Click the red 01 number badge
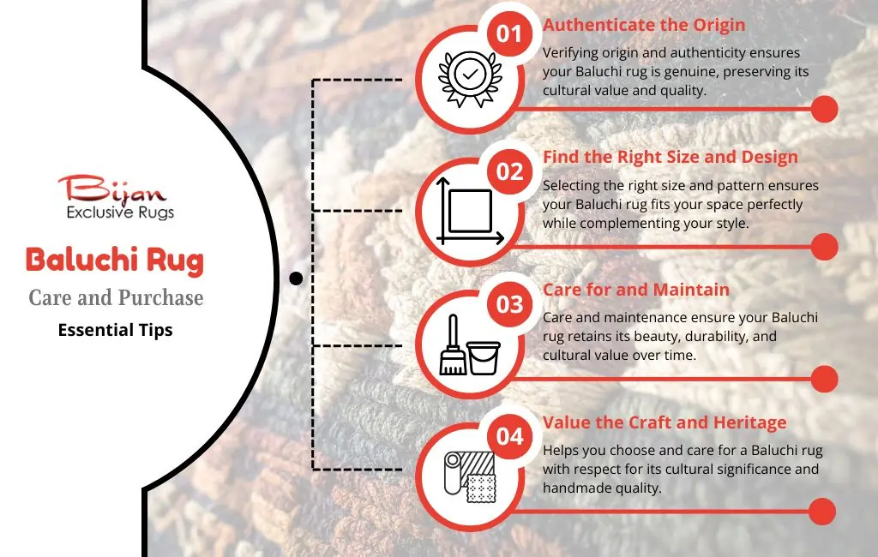(x=509, y=34)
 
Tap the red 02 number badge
(x=509, y=172)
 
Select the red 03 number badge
(x=509, y=304)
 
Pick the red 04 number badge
(x=509, y=436)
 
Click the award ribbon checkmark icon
(x=470, y=79)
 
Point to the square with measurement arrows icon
(x=470, y=212)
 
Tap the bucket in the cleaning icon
(x=484, y=357)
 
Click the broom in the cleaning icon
(x=453, y=344)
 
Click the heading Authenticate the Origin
(x=644, y=25)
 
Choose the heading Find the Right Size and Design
(x=671, y=158)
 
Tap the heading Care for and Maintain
(x=636, y=290)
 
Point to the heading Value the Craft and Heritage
(x=665, y=422)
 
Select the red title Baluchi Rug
(x=115, y=261)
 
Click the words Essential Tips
(x=116, y=330)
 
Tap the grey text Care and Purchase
(x=116, y=298)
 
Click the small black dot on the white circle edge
(x=296, y=278)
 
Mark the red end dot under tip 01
(x=824, y=109)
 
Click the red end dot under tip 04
(x=822, y=512)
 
